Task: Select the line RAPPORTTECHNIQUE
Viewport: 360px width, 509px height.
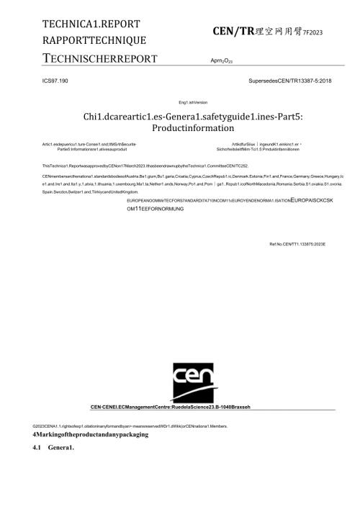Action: [94, 40]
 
